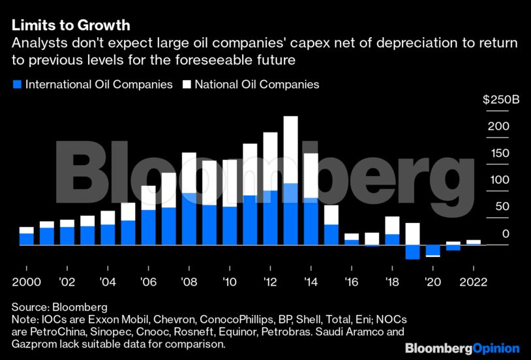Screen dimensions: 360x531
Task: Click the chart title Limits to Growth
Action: click(x=70, y=25)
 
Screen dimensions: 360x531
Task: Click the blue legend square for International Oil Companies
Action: click(x=17, y=84)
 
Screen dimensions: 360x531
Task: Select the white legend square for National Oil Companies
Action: click(x=187, y=84)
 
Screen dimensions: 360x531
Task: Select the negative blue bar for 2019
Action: click(x=412, y=252)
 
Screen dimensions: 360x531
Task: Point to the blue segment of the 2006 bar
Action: click(x=149, y=227)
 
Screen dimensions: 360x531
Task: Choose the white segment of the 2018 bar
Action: click(x=392, y=225)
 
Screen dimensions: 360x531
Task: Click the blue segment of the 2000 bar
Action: click(x=26, y=239)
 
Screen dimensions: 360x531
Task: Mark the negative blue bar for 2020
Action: click(x=432, y=250)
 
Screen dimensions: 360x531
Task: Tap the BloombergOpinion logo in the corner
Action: click(x=462, y=349)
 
